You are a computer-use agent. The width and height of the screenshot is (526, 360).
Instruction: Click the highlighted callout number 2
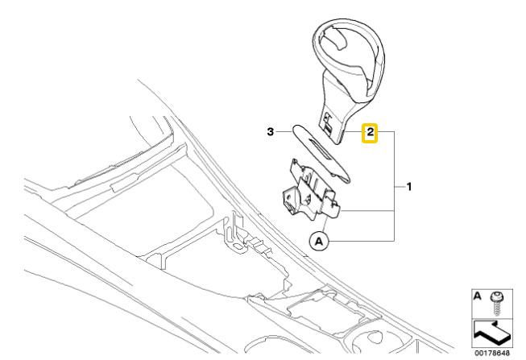click(x=370, y=132)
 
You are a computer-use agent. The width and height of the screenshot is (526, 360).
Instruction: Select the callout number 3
click(x=271, y=132)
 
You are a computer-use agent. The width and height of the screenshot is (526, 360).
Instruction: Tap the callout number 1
click(x=409, y=187)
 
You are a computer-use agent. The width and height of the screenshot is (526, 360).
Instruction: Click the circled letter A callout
click(x=319, y=241)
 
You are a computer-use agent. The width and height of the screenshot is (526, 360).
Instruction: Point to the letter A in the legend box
click(x=477, y=296)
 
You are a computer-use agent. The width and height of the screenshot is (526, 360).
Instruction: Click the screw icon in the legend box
click(x=496, y=303)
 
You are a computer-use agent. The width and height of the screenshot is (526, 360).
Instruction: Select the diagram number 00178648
click(x=492, y=353)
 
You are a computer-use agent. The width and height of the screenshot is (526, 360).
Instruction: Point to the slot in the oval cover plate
click(x=323, y=149)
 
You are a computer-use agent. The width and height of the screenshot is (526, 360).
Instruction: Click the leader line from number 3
click(x=284, y=132)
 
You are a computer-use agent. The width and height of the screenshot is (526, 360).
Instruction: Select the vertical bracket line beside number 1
click(x=394, y=186)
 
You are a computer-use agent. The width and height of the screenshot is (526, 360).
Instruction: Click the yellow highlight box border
click(x=370, y=125)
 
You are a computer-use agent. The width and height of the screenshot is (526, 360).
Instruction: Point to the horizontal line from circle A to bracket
click(x=362, y=241)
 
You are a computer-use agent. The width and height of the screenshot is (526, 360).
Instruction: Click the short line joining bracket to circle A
click(x=324, y=224)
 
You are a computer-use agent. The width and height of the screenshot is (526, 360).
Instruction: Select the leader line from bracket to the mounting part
click(x=367, y=211)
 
